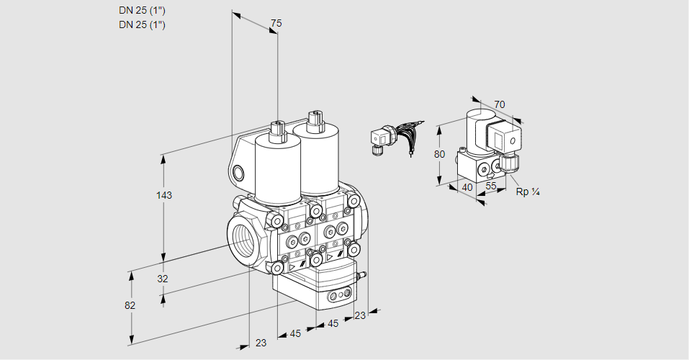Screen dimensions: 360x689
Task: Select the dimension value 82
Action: tap(130, 305)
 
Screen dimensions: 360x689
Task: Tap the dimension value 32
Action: tap(162, 279)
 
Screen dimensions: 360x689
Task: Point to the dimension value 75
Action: tap(275, 24)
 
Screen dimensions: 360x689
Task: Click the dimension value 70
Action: tap(500, 104)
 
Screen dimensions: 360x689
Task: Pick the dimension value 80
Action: tap(441, 153)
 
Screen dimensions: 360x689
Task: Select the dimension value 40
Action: tap(467, 187)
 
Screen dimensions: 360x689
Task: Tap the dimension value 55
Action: tap(492, 186)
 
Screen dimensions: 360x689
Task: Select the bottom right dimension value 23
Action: tap(360, 315)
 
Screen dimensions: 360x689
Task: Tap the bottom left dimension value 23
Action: tap(261, 343)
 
